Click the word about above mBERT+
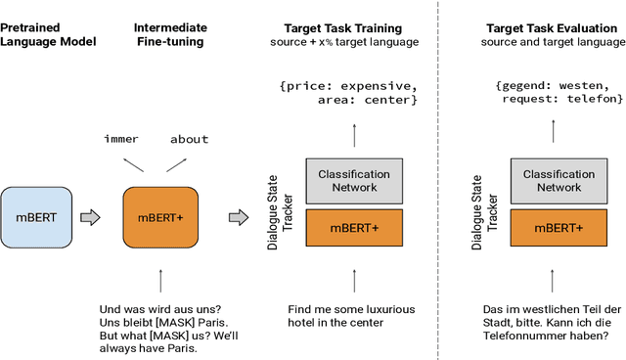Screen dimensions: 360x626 (x=189, y=139)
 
